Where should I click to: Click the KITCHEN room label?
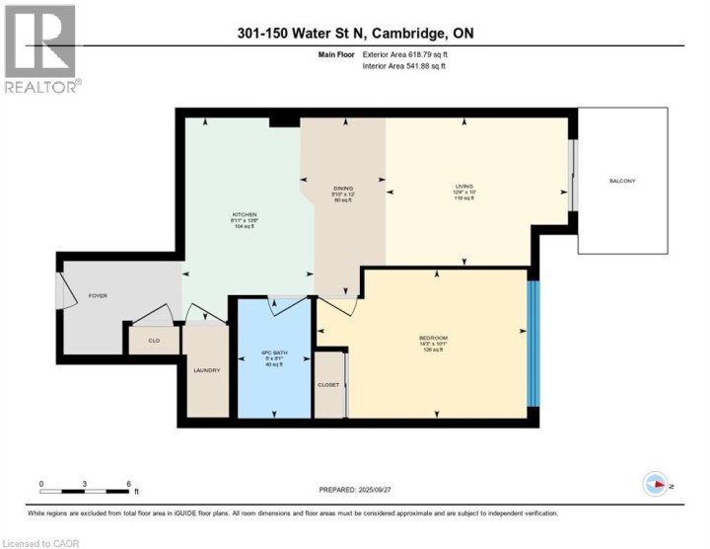(x=244, y=214)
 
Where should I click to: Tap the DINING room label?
(x=342, y=188)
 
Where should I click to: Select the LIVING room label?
(x=463, y=185)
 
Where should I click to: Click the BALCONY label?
(x=621, y=181)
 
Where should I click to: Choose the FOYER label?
(x=98, y=294)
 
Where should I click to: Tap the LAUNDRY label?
(x=206, y=370)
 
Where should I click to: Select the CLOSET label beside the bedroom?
(x=329, y=385)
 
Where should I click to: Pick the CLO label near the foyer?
(x=154, y=340)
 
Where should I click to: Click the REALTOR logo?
(x=39, y=48)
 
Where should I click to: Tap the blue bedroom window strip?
(x=533, y=344)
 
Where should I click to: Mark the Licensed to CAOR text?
(x=41, y=542)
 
